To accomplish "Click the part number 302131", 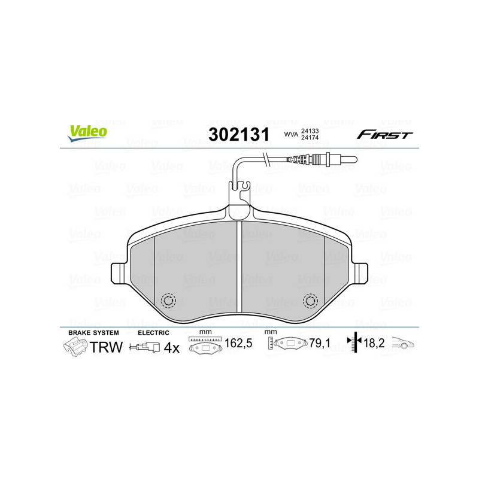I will tap(238, 134).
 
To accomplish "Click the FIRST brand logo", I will tap(384, 135).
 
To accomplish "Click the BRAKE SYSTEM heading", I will tap(93, 332).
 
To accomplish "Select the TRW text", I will tap(106, 347).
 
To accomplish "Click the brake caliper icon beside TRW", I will tap(75, 347).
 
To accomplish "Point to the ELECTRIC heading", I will tap(153, 332).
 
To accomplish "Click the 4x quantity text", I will tap(172, 347).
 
